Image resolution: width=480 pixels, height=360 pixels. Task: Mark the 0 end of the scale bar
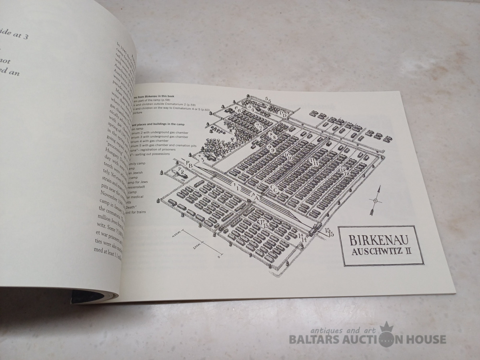coord(219,257)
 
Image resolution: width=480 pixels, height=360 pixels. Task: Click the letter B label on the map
coord(191,166)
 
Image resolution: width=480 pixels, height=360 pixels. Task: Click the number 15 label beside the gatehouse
coord(329,232)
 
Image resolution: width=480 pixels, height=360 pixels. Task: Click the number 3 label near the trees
coord(203,160)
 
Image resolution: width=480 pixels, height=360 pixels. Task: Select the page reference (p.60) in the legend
coord(206,109)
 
